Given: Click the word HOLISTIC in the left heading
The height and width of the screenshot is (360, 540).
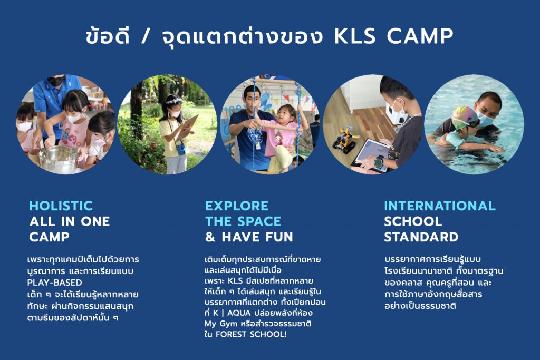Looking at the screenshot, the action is pos(61,206).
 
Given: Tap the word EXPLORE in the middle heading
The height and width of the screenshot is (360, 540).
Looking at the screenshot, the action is pos(237,206).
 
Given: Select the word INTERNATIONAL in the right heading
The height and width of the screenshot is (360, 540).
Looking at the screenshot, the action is pos(440,206).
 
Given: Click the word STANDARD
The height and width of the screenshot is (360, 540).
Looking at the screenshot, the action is pos(421,237).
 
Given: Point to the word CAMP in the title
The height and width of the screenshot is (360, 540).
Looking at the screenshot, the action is pos(420,36).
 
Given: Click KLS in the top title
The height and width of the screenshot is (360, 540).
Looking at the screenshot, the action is pos(355,36).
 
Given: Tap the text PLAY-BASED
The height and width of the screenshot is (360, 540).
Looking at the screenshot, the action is pos(54,283).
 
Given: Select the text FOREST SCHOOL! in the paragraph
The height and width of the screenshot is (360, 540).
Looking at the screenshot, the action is pos(250,334).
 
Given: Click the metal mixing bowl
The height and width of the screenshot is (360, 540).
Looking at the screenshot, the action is pos(59,159).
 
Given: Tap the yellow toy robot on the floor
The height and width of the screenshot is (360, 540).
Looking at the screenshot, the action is pos(345,139).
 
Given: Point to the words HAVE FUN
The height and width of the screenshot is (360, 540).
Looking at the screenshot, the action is pos(257,237).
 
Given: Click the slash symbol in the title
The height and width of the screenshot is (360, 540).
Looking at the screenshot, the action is pos(146,36).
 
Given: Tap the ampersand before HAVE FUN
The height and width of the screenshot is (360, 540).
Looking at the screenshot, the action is pos(210,237).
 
